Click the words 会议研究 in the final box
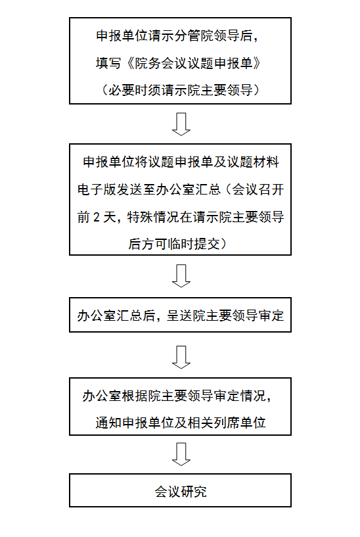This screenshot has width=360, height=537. (181, 492)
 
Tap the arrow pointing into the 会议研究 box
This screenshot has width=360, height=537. (181, 454)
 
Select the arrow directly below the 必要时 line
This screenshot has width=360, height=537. (181, 124)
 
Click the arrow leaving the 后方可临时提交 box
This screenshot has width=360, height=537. (181, 275)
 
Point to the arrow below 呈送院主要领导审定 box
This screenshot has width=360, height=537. (181, 357)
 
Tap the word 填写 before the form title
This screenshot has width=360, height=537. (108, 63)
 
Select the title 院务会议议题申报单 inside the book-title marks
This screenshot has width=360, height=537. (194, 63)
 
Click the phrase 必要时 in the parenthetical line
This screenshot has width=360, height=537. (128, 90)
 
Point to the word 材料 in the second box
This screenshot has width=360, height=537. (266, 162)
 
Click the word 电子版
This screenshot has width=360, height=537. (97, 189)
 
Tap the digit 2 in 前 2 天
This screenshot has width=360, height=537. (97, 217)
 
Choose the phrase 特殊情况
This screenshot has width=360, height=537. (152, 217)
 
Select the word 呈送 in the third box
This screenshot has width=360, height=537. (180, 315)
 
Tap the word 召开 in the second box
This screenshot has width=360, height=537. (271, 189)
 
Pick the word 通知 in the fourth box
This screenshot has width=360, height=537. (109, 423)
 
